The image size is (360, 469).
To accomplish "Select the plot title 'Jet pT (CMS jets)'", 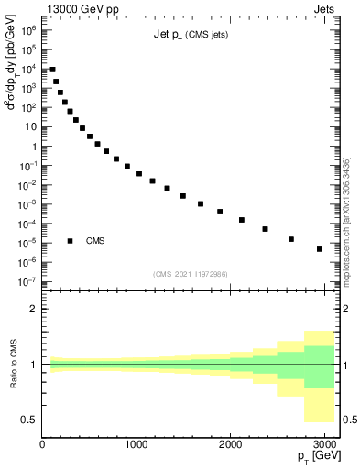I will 191,35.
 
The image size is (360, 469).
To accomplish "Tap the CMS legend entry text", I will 95,241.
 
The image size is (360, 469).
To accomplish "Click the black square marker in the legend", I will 70,241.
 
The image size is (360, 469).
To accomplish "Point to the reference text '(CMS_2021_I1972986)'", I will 191,274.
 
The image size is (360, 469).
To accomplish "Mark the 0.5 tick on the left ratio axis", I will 28,420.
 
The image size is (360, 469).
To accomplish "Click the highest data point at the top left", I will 52,70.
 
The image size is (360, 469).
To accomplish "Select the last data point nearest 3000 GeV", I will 319,249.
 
